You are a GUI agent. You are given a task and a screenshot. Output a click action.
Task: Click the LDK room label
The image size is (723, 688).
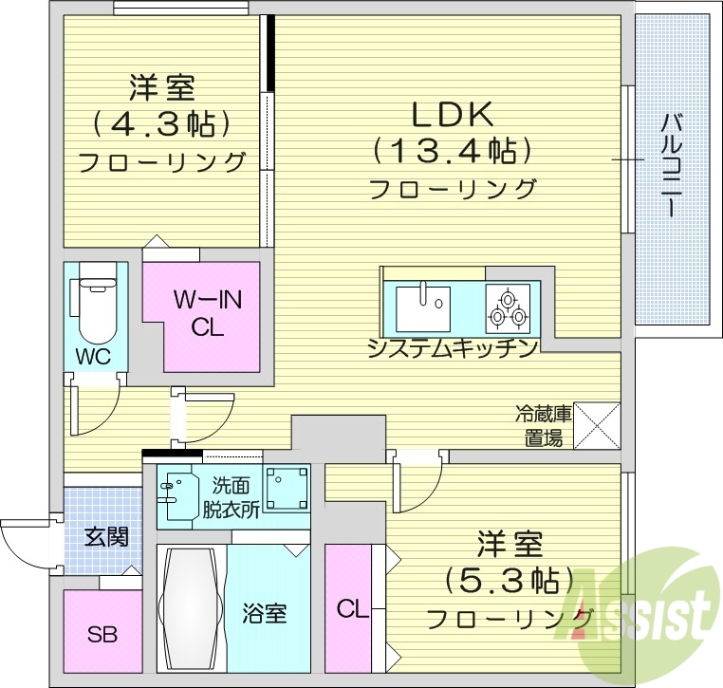(451, 115)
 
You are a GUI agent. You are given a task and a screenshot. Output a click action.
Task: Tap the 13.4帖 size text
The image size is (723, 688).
(451, 151)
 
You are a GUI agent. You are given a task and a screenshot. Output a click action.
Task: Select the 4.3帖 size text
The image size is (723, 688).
(162, 124)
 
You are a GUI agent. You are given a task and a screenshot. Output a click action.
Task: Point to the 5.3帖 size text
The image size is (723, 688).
(509, 580)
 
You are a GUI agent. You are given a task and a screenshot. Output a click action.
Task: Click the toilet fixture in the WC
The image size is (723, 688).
(95, 308)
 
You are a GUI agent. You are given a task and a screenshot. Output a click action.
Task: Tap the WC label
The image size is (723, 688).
(94, 358)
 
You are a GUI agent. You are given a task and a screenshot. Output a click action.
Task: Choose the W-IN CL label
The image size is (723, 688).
(207, 313)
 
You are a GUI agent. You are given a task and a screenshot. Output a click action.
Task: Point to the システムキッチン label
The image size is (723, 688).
(454, 348)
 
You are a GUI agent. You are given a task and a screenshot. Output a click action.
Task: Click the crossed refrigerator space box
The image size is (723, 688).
(597, 424)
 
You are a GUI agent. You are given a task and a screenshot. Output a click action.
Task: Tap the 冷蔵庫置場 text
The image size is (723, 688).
(544, 425)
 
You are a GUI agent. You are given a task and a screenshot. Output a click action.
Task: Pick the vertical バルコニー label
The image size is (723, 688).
(674, 166)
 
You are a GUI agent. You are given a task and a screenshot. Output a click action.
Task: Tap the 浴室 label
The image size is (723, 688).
(265, 613)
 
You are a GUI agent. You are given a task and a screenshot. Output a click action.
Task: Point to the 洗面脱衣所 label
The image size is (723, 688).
(231, 495)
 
